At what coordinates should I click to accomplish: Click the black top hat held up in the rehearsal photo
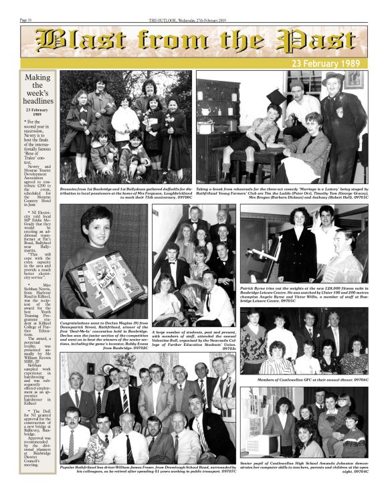click(276, 98)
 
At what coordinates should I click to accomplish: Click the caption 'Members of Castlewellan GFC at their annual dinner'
click(313, 379)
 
